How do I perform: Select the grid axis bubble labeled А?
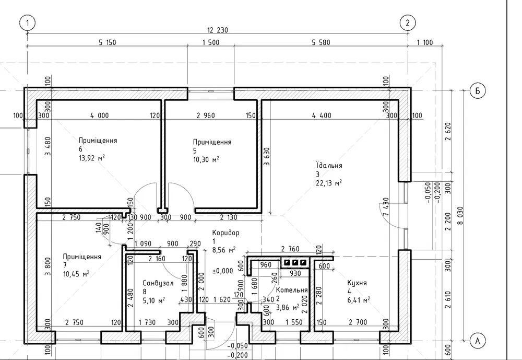coord(477,341)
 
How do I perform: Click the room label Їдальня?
coord(329,166)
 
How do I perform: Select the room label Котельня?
coord(292,290)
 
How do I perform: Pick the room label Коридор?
coord(226,233)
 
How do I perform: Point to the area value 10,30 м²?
coord(206,159)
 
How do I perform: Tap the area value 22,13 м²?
coord(329,183)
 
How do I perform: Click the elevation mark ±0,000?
coord(223,271)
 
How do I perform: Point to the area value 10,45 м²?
coord(76,274)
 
